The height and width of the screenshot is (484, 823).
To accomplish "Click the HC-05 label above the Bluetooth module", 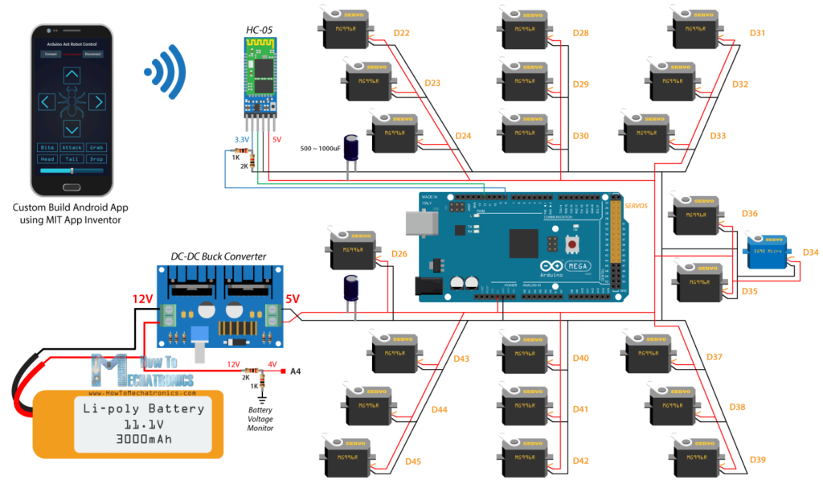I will (x=259, y=31).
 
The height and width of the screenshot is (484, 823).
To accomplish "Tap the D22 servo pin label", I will (x=401, y=33).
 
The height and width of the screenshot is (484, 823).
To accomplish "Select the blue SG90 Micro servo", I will (x=765, y=251).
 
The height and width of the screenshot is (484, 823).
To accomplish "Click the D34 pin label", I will (x=810, y=252).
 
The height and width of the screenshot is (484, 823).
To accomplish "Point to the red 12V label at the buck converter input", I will (x=142, y=299).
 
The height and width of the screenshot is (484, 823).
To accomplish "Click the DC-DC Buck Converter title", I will (x=219, y=256).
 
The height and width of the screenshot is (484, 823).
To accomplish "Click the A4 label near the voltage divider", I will (x=295, y=371).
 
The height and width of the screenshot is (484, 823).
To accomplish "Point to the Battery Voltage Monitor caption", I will (x=260, y=418).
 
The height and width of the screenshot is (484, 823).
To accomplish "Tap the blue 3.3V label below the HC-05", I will (x=241, y=140).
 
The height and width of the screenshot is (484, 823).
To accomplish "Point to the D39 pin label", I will (x=757, y=459).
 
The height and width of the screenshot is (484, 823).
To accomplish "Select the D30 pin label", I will (x=580, y=136).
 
